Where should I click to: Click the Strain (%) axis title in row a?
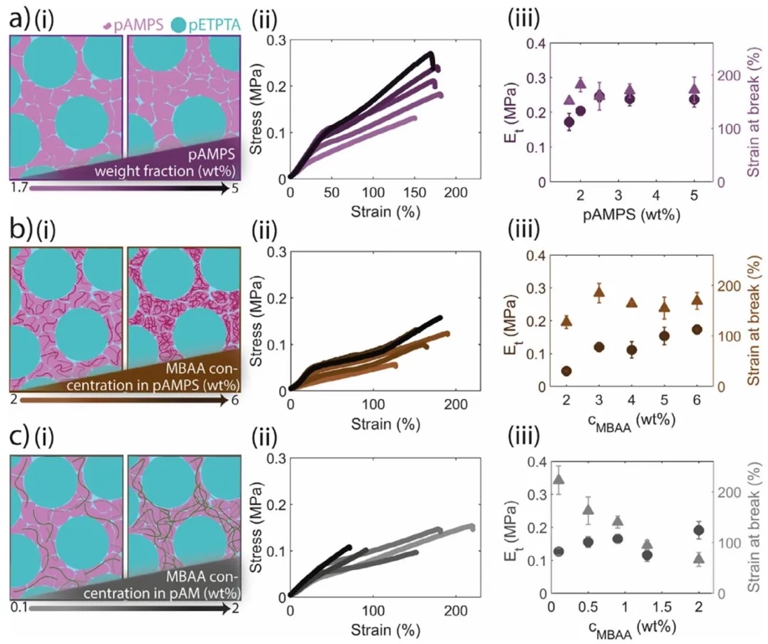tap(373, 210)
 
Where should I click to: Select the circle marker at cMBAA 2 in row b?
tap(566, 371)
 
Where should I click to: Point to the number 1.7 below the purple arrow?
tap(19, 189)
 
